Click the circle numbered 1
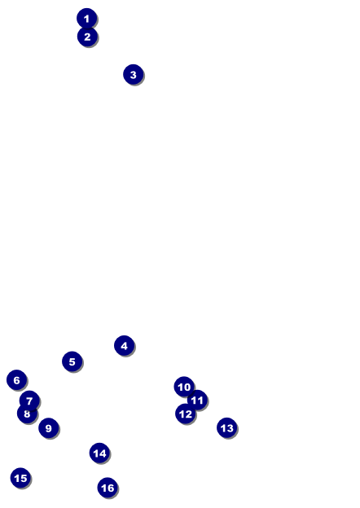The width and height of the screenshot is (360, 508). tap(86, 18)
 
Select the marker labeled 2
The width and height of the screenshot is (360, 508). tap(87, 37)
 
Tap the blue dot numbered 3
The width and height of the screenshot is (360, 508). tap(134, 75)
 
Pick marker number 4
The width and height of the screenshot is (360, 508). tap(124, 346)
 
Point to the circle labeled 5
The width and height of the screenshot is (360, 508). tap(72, 361)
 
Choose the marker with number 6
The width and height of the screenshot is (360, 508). tap(16, 379)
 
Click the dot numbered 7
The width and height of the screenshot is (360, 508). tap(29, 401)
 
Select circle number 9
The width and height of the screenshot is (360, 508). tap(49, 428)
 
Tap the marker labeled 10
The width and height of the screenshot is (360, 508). tap(184, 387)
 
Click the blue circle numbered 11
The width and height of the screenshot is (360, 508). tap(197, 400)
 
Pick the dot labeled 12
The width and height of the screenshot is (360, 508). tap(186, 414)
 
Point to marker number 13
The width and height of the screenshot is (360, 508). tap(226, 427)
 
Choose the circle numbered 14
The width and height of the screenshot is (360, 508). tap(99, 453)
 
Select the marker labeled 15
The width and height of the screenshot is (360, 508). tap(20, 478)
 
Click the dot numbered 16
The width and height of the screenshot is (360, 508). tap(108, 488)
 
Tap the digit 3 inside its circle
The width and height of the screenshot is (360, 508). tap(134, 75)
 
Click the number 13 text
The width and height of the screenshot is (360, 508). tap(226, 428)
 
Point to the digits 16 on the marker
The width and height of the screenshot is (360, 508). tap(108, 488)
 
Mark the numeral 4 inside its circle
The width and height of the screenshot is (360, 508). tap(124, 346)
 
